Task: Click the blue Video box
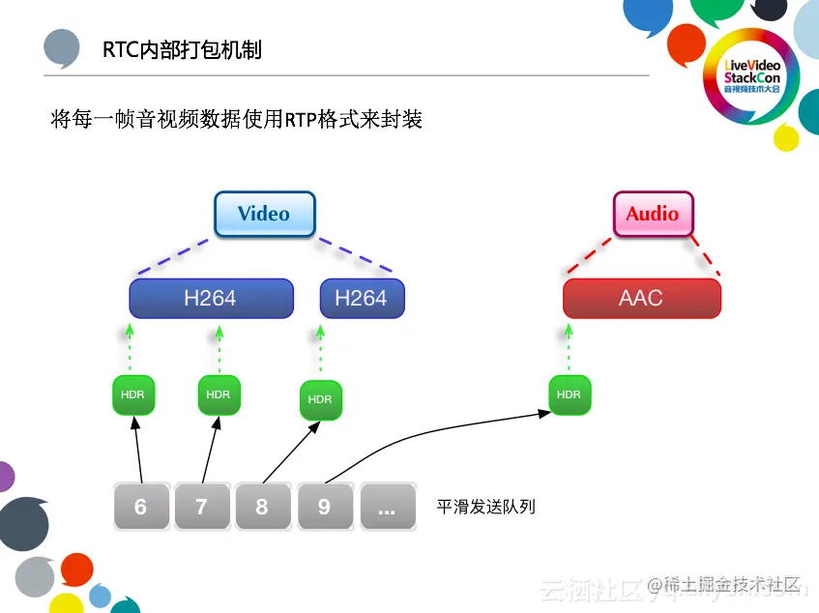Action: coord(264,214)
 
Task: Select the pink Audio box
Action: coord(653,214)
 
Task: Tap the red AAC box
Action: coord(641,298)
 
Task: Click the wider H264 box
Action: coord(211,298)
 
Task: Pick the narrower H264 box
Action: coord(362,298)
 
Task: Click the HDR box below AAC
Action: coord(570,394)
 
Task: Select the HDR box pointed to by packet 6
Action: coord(133,394)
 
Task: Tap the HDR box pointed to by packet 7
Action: coord(219,394)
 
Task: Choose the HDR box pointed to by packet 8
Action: coord(319,399)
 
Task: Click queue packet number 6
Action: coord(141,507)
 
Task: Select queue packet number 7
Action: coord(202,507)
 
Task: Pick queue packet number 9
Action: coord(325,507)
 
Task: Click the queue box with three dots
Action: coord(387,507)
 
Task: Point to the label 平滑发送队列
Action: coord(485,507)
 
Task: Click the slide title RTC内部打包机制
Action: coord(183,49)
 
